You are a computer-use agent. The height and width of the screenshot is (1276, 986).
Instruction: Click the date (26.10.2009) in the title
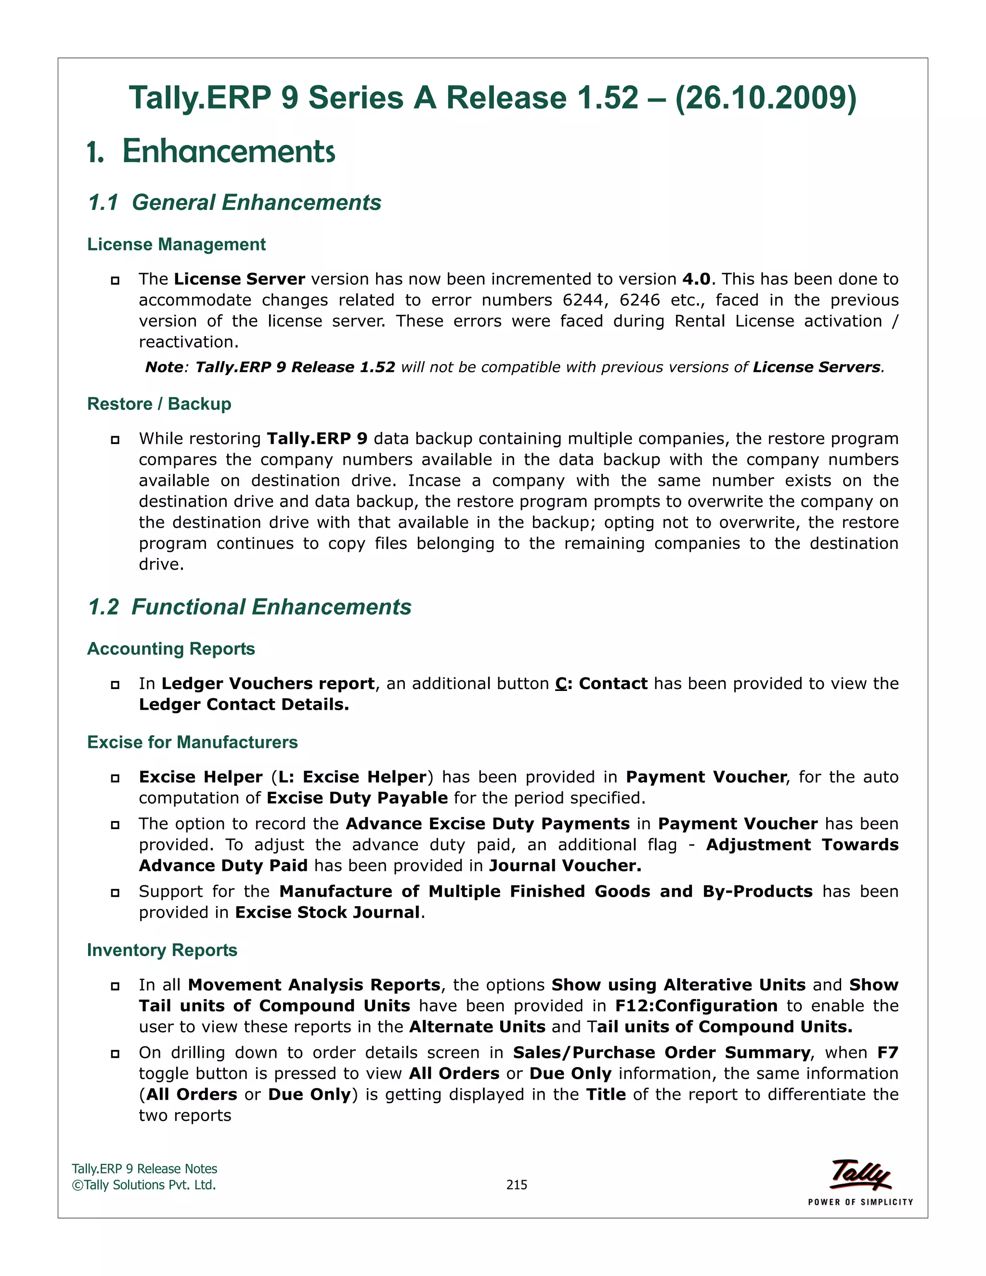coord(765,98)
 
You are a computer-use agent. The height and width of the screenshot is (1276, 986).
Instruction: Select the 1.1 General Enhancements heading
coord(234,202)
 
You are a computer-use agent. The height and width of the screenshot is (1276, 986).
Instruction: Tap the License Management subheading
coord(176,244)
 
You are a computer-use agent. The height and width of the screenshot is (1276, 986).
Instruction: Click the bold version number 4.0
coord(696,279)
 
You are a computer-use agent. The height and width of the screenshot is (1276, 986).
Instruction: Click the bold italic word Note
coord(164,367)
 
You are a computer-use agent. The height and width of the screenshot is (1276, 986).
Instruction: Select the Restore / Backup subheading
coord(159,404)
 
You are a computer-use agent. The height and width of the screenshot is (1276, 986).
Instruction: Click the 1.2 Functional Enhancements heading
coord(249,607)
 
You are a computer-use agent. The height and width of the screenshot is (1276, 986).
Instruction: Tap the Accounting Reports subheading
coord(170,649)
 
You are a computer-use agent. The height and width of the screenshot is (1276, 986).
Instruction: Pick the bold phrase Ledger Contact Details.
coord(244,704)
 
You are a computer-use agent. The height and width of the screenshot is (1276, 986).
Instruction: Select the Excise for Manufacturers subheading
coord(192,742)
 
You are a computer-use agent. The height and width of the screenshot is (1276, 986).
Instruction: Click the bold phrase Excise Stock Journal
coord(327,912)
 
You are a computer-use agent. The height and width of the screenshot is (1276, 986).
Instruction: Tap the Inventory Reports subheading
coord(162,950)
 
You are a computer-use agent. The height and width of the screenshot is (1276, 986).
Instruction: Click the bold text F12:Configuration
coord(696,1006)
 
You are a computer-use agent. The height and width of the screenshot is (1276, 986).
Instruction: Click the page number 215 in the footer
coord(517,1185)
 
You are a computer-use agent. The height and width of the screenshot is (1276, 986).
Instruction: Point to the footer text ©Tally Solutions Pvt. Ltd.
coord(143,1185)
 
